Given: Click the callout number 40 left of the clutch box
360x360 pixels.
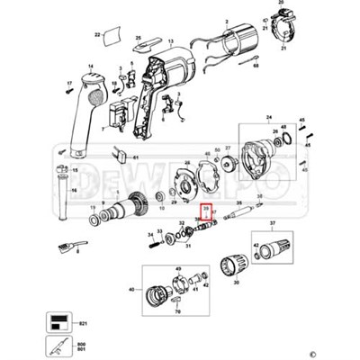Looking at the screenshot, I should tap(132, 289).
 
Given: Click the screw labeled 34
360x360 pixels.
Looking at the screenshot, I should tap(150, 239).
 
